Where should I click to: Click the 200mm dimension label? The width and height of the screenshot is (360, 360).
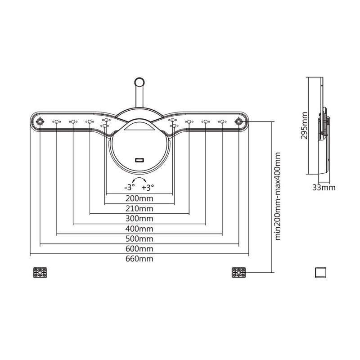pos(139,198)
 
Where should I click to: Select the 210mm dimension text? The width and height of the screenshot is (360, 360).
pos(139,208)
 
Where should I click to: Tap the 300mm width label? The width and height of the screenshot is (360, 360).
pos(139,218)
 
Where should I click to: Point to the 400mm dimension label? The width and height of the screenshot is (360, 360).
pos(139,229)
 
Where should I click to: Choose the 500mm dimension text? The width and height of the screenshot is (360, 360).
pos(139,238)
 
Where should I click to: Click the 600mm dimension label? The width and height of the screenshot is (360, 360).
pos(139,249)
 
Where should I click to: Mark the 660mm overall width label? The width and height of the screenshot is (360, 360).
pos(139,259)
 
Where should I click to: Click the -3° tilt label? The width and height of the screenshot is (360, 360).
pos(130,187)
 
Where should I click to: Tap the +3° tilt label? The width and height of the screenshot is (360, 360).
pos(148,187)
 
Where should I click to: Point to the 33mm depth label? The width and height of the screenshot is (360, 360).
pos(325,188)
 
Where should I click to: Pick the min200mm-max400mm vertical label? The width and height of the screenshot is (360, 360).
pos(278,196)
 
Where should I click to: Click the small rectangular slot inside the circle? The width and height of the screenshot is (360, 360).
pos(139,161)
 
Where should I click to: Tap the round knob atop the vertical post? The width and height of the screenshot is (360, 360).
pos(139,82)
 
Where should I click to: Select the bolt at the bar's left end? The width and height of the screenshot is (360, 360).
pos(40,121)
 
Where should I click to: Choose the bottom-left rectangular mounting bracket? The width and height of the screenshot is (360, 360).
pos(40,272)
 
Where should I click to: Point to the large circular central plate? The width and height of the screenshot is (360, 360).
pos(139,144)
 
